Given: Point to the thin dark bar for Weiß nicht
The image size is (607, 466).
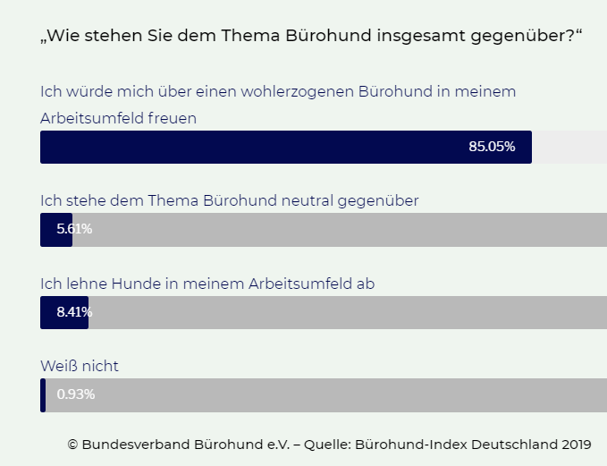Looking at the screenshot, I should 43,395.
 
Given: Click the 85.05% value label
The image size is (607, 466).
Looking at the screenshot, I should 492,147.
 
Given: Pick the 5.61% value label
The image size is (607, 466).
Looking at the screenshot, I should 74,229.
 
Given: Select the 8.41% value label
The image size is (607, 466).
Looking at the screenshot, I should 74,312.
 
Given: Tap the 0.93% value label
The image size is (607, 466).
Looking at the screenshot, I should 75,394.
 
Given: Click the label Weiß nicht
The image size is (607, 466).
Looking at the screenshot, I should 80,366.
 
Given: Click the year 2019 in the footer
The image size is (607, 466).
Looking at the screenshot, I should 577,444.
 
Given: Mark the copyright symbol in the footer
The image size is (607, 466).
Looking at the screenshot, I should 72,444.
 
